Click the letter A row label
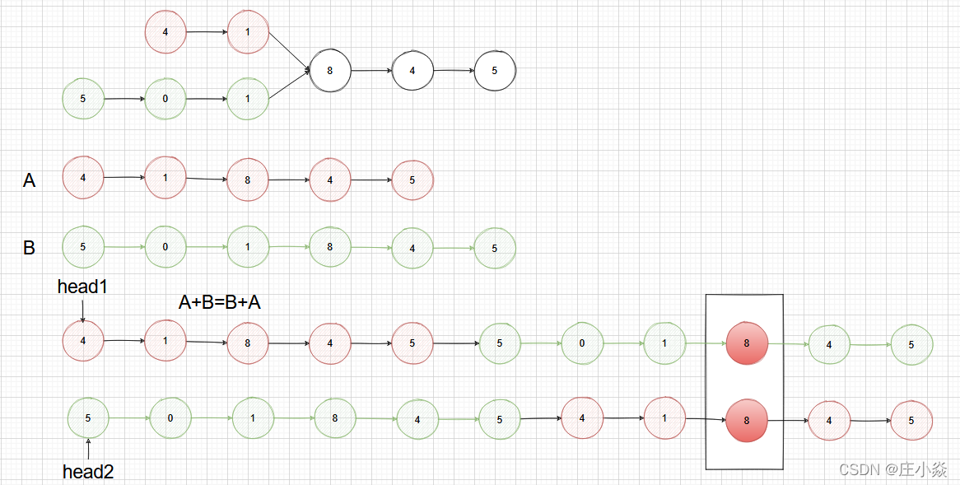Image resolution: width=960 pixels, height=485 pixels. pyautogui.click(x=30, y=180)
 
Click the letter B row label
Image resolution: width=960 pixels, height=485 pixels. pyautogui.click(x=30, y=247)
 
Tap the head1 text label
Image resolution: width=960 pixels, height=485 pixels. pyautogui.click(x=82, y=287)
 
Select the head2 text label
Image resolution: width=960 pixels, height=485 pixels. pyautogui.click(x=88, y=472)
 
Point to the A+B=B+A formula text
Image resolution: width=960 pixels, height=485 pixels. pyautogui.click(x=220, y=302)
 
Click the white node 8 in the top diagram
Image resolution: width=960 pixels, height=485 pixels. pyautogui.click(x=330, y=71)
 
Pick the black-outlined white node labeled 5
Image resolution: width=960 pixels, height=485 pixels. pyautogui.click(x=495, y=71)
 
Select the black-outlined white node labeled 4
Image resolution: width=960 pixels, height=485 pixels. pyautogui.click(x=412, y=71)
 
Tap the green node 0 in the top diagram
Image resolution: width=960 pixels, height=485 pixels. pyautogui.click(x=165, y=99)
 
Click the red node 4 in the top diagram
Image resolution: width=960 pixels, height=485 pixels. pyautogui.click(x=165, y=32)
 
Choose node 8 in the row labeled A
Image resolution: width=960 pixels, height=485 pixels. pyautogui.click(x=248, y=180)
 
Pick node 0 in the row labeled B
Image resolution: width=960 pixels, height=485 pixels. pyautogui.click(x=165, y=246)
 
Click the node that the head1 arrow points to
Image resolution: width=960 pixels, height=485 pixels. pyautogui.click(x=83, y=341)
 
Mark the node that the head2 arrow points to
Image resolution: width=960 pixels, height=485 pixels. pyautogui.click(x=88, y=417)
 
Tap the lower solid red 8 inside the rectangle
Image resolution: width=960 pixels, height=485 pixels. pyautogui.click(x=747, y=420)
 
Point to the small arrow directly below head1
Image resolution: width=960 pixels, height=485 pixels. pyautogui.click(x=83, y=309)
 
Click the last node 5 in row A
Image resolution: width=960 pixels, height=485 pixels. pyautogui.click(x=412, y=180)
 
